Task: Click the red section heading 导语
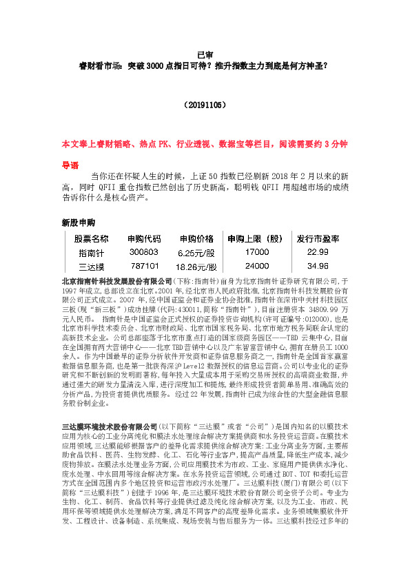pyautogui.click(x=70, y=165)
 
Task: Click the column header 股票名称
pyautogui.click(x=91, y=239)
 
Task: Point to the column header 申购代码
pyautogui.click(x=144, y=239)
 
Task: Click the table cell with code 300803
pyautogui.click(x=144, y=252)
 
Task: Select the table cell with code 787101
pyautogui.click(x=145, y=265)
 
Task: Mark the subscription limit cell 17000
pyautogui.click(x=257, y=252)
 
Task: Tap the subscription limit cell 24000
pyautogui.click(x=257, y=265)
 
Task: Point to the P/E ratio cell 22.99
pyautogui.click(x=318, y=252)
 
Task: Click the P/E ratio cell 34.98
pyautogui.click(x=318, y=265)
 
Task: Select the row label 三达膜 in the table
pyautogui.click(x=91, y=266)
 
